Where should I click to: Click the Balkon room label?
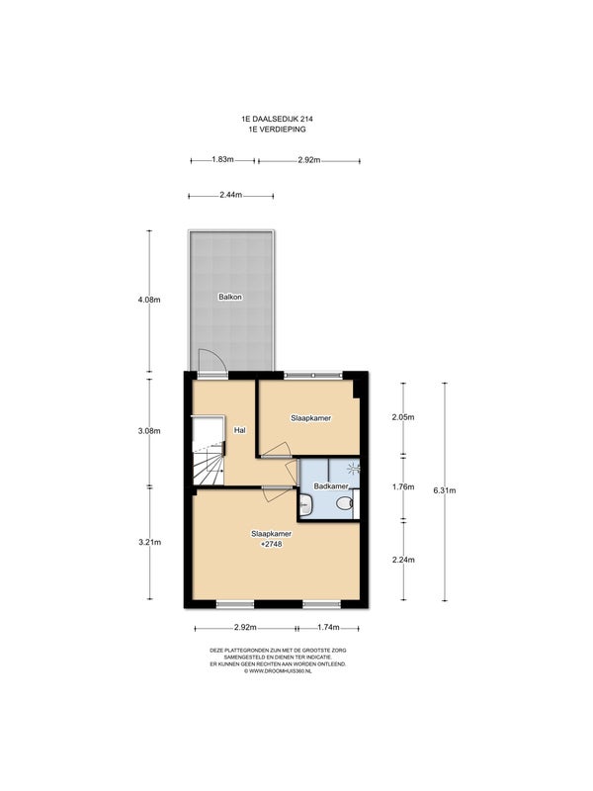click(230, 298)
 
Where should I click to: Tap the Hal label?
click(240, 430)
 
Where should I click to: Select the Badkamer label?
click(331, 486)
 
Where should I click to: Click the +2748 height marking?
click(271, 545)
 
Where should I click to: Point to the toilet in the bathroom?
click(345, 503)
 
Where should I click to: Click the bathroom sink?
click(304, 505)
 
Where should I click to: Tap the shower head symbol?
click(354, 469)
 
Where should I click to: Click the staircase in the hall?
click(209, 450)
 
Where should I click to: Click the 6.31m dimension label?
click(444, 489)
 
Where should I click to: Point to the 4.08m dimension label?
click(149, 300)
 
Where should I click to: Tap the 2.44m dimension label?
click(231, 195)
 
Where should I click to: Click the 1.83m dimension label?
click(222, 160)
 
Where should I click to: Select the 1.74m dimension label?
click(328, 628)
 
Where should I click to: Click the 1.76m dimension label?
click(403, 486)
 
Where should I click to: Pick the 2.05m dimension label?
click(403, 417)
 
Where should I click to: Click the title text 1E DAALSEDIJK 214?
click(277, 120)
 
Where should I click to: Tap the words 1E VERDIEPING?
click(277, 130)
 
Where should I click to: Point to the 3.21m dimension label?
click(150, 542)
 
